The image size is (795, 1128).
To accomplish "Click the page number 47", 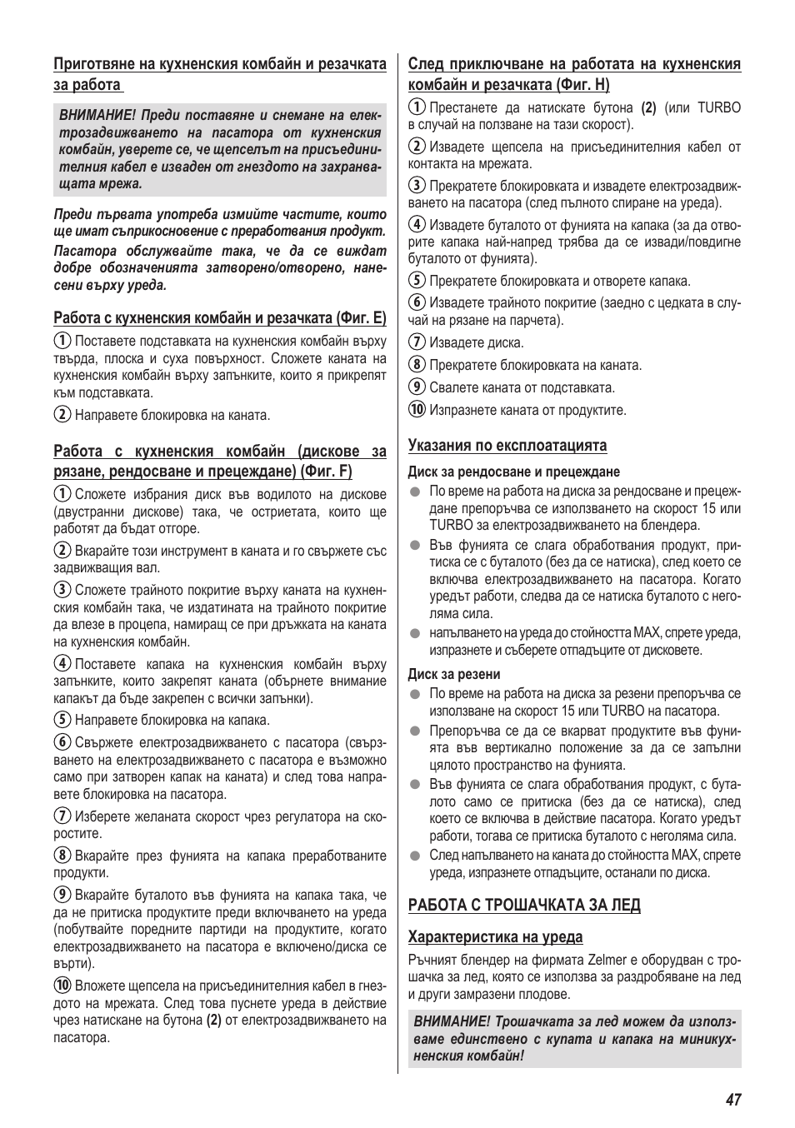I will pyautogui.click(x=732, y=1099).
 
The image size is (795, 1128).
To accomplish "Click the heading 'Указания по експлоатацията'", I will pyautogui.click(x=507, y=445).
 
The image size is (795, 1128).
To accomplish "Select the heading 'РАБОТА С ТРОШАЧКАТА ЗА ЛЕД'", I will pyautogui.click(x=523, y=905).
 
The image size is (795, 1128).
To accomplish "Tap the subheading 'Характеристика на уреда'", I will pyautogui.click(x=495, y=936).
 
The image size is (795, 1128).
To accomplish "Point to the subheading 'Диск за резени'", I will pyautogui.click(x=453, y=674).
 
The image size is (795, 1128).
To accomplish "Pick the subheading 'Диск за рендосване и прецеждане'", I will pyautogui.click(x=513, y=472).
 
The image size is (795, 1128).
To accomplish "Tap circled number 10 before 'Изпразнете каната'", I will pyautogui.click(x=417, y=410).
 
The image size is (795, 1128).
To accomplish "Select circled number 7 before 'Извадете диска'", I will pyautogui.click(x=417, y=342).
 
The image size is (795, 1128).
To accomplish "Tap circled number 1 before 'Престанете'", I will pyautogui.click(x=417, y=107).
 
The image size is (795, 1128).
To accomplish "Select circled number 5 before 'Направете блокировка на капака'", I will pyautogui.click(x=62, y=720).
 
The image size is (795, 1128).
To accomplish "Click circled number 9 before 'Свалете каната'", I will pyautogui.click(x=417, y=387).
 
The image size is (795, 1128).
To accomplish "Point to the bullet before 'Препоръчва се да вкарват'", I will pyautogui.click(x=414, y=731).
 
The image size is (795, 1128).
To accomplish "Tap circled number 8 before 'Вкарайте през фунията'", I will pyautogui.click(x=62, y=856).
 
